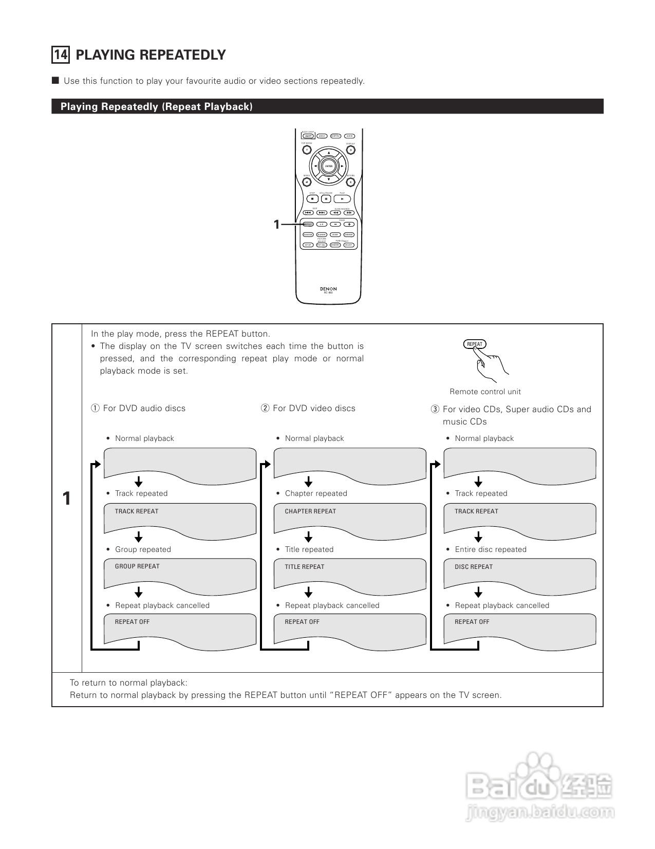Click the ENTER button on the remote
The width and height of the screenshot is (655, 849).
point(329,166)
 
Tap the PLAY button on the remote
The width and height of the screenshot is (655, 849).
point(343,199)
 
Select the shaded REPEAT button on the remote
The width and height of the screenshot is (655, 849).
point(308,225)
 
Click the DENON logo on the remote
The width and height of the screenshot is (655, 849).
point(328,289)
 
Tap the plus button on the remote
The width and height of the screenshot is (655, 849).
point(349,225)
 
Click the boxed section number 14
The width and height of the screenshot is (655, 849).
point(61,55)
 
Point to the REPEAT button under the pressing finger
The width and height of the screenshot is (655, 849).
point(475,344)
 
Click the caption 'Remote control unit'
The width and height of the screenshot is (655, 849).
point(485,392)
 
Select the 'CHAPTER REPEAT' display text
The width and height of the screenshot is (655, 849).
point(310,511)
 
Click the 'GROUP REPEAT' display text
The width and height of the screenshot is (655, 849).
point(137,566)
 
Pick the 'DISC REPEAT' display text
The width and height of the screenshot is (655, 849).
point(474,567)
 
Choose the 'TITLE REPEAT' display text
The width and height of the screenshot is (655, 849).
point(305,567)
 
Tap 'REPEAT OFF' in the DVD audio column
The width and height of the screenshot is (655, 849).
point(133,622)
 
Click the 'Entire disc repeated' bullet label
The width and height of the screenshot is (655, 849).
point(491,549)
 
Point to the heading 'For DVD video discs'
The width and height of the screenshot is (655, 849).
point(314,408)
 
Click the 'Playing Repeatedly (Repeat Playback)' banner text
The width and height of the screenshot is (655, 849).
point(157,107)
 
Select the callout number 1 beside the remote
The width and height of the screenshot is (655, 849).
point(276,225)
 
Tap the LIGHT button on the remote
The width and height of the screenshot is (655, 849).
point(308,136)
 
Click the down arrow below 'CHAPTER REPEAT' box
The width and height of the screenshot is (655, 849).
point(308,537)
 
